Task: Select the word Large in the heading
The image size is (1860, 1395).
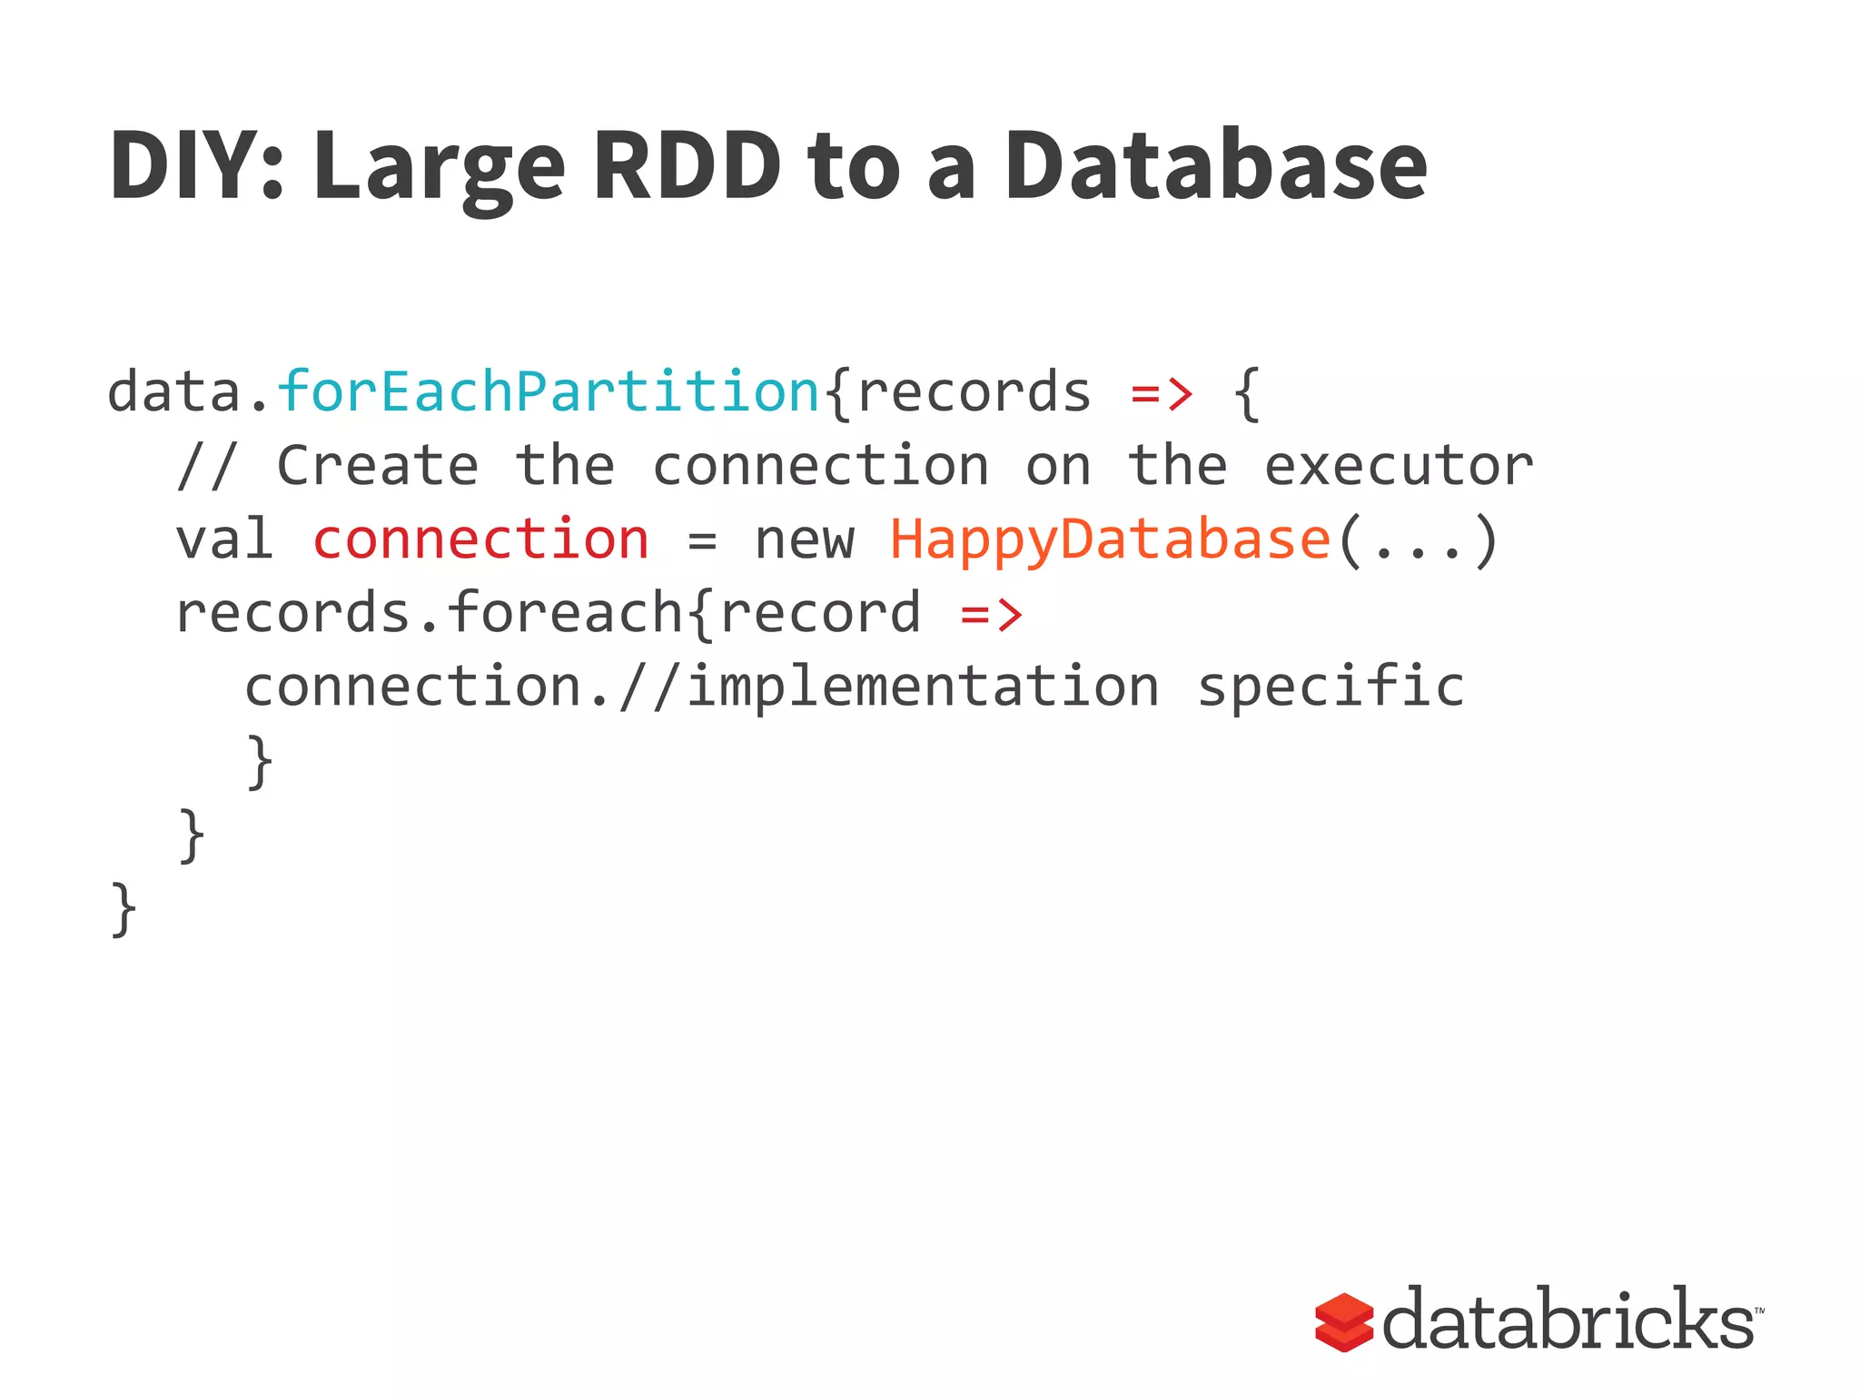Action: click(x=440, y=168)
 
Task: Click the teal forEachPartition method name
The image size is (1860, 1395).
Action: click(x=549, y=391)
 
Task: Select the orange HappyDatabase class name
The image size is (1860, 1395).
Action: click(x=1110, y=539)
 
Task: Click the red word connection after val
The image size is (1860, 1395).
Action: click(x=480, y=539)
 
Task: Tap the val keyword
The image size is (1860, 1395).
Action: click(x=223, y=539)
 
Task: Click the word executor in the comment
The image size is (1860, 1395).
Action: click(x=1399, y=467)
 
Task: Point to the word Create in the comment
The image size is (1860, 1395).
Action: click(x=378, y=467)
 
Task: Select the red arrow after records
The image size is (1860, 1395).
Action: click(x=1162, y=393)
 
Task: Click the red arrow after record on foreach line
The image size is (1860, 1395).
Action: click(x=992, y=614)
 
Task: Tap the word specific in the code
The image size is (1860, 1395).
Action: click(x=1331, y=687)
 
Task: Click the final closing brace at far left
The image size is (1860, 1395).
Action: click(x=124, y=909)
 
